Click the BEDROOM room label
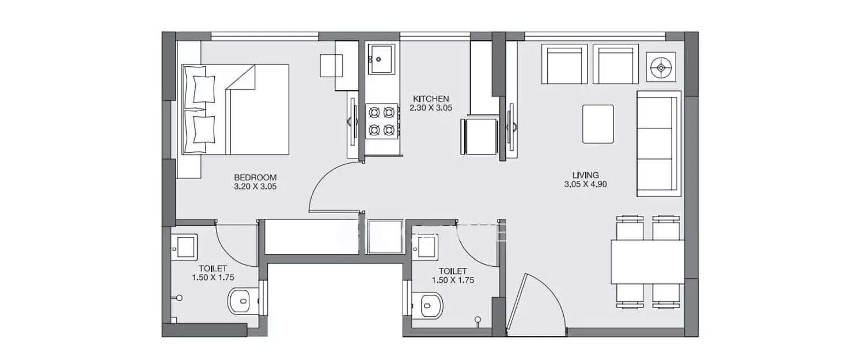pos(255,177)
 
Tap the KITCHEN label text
pos(430,98)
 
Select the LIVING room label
pos(585,175)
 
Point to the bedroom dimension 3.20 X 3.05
pos(255,187)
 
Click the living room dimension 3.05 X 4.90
pos(585,184)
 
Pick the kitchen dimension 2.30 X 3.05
pos(430,108)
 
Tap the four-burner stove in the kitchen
pos(381,121)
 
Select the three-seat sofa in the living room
pos(658,143)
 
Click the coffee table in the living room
pos(598,124)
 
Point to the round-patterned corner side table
pos(661,67)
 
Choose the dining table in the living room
pos(647,262)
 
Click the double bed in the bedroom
pos(235,109)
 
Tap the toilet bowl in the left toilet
pos(242,301)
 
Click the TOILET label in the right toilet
pos(453,271)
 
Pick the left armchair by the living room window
pos(564,64)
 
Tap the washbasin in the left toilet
pos(184,247)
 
